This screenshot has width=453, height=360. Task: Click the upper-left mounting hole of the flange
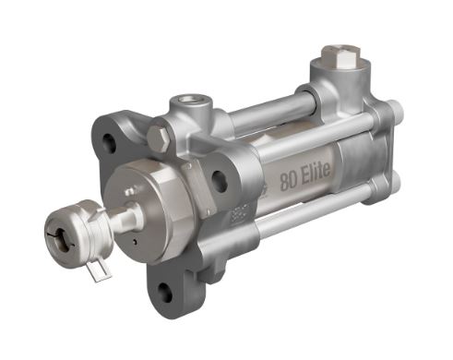[111, 142]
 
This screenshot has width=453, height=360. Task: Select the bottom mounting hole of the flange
[164, 292]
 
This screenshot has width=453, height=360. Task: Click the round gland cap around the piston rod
[138, 198]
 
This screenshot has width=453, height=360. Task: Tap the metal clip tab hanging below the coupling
[101, 270]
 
